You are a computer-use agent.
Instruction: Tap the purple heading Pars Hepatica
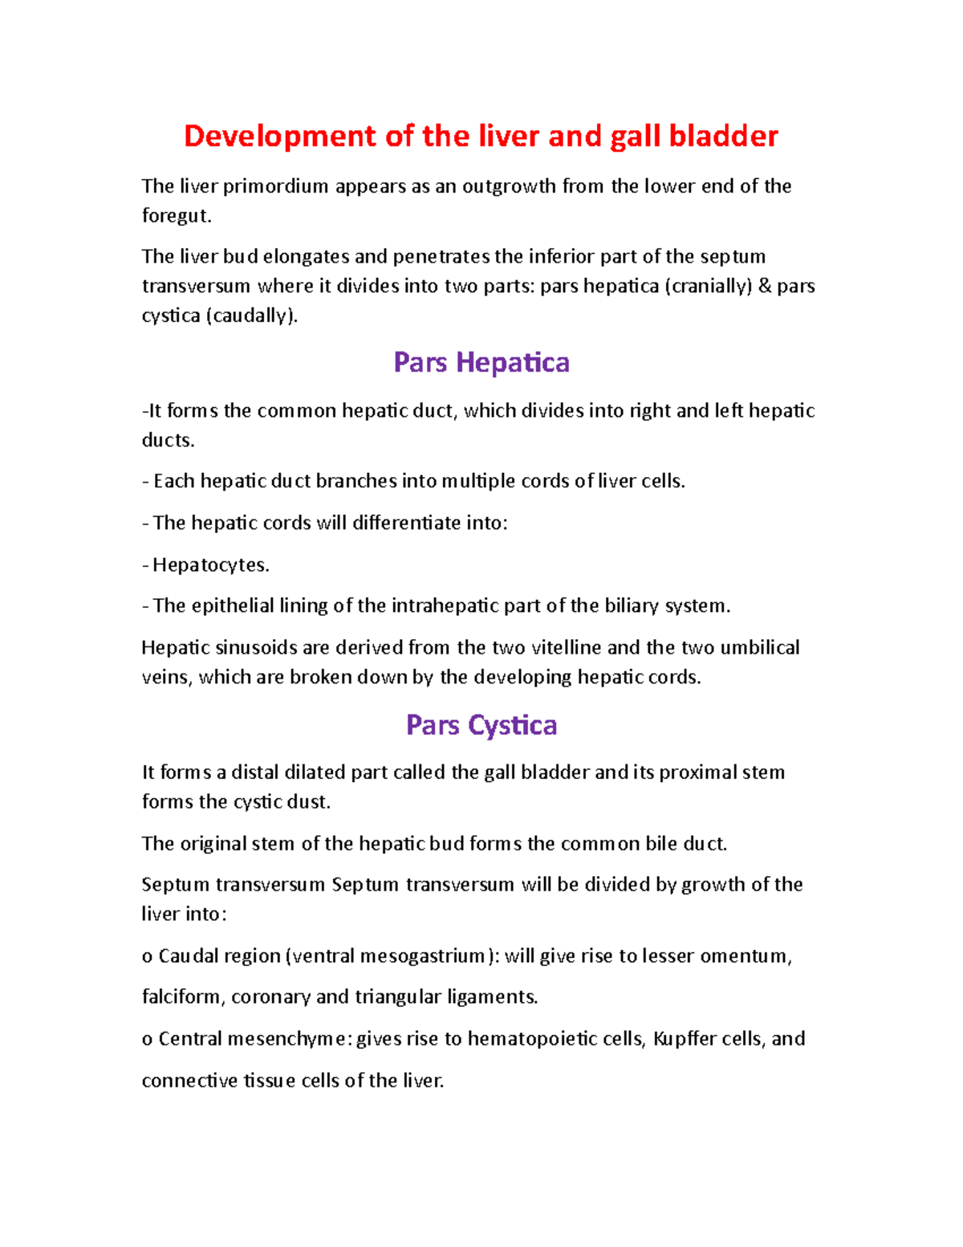481,362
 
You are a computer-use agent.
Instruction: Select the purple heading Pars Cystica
481,725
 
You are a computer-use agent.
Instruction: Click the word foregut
176,216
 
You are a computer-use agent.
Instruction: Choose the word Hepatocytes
211,565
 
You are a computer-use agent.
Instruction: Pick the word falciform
184,997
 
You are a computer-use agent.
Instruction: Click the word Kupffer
685,1039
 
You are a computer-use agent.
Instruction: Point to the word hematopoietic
532,1039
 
